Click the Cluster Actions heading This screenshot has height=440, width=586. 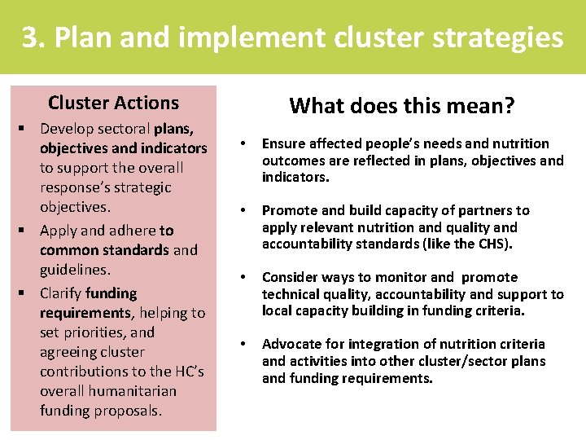pyautogui.click(x=113, y=103)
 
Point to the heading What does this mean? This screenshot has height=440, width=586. pyautogui.click(x=402, y=105)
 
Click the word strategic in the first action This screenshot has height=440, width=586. pyautogui.click(x=141, y=187)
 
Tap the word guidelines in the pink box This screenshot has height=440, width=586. pyautogui.click(x=75, y=270)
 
